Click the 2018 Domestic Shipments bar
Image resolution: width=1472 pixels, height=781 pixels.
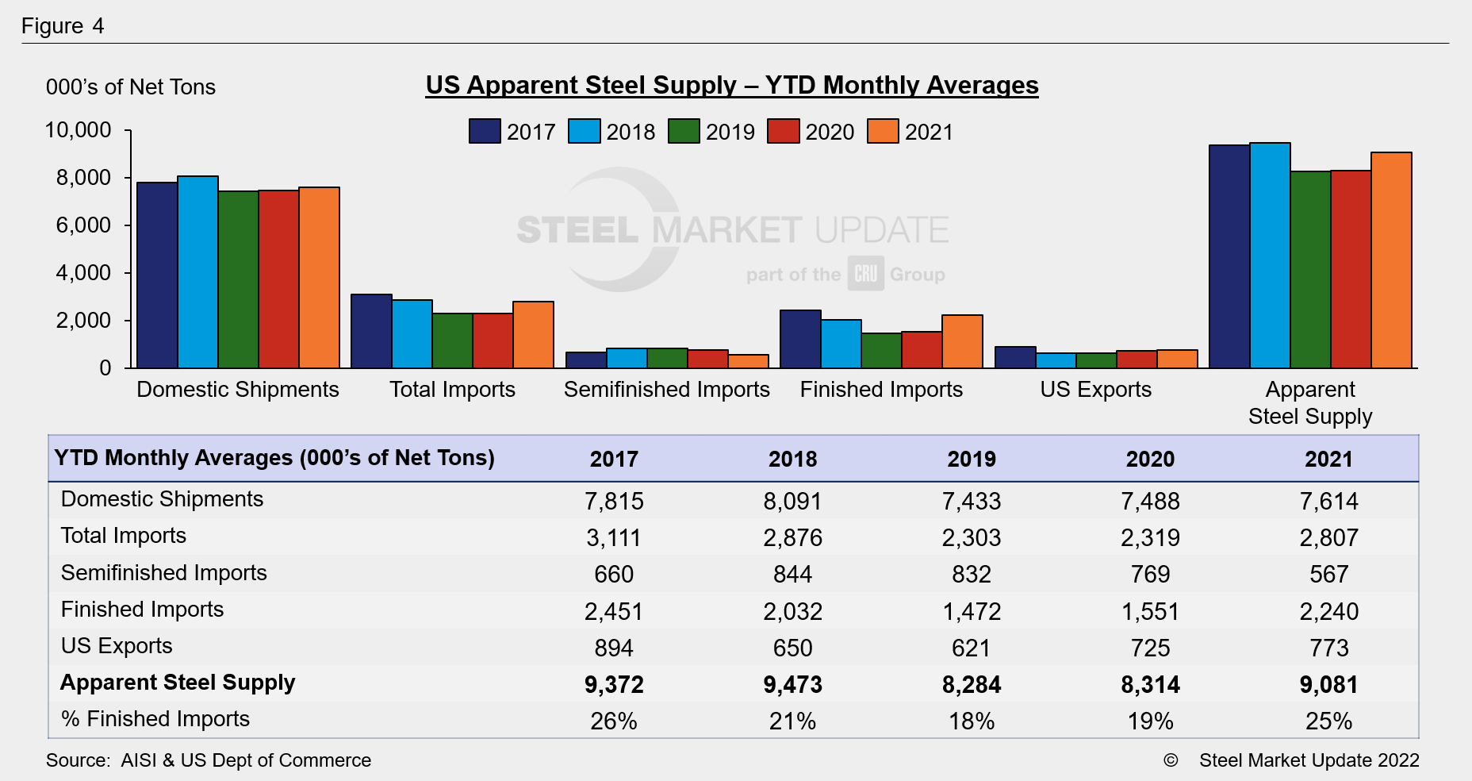click(197, 272)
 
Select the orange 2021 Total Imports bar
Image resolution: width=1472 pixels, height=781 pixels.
click(533, 335)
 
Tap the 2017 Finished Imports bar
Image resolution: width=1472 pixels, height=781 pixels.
click(800, 339)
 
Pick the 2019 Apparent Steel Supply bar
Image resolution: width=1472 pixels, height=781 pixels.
click(1310, 270)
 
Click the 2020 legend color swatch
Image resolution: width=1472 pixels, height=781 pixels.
click(783, 131)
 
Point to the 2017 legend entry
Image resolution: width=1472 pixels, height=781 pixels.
click(512, 131)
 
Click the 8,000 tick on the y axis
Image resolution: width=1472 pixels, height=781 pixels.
click(83, 178)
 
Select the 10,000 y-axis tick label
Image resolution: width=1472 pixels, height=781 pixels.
click(78, 130)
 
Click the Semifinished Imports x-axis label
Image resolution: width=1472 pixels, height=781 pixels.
click(666, 390)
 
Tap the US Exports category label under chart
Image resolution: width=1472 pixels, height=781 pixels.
click(1095, 390)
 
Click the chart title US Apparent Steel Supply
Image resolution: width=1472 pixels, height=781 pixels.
click(731, 85)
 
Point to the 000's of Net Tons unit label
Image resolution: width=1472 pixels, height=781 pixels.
click(131, 87)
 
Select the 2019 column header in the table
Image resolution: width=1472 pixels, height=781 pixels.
click(972, 459)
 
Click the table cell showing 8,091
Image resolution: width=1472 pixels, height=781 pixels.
click(792, 502)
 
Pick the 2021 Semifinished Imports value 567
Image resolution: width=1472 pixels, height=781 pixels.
click(1328, 575)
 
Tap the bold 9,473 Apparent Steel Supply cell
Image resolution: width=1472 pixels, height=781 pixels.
click(792, 684)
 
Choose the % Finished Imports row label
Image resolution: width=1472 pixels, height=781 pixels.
click(155, 719)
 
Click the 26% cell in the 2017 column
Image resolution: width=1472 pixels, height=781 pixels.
click(614, 721)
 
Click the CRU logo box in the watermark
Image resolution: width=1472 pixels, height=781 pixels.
click(865, 274)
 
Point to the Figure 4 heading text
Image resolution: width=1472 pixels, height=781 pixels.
click(63, 26)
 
